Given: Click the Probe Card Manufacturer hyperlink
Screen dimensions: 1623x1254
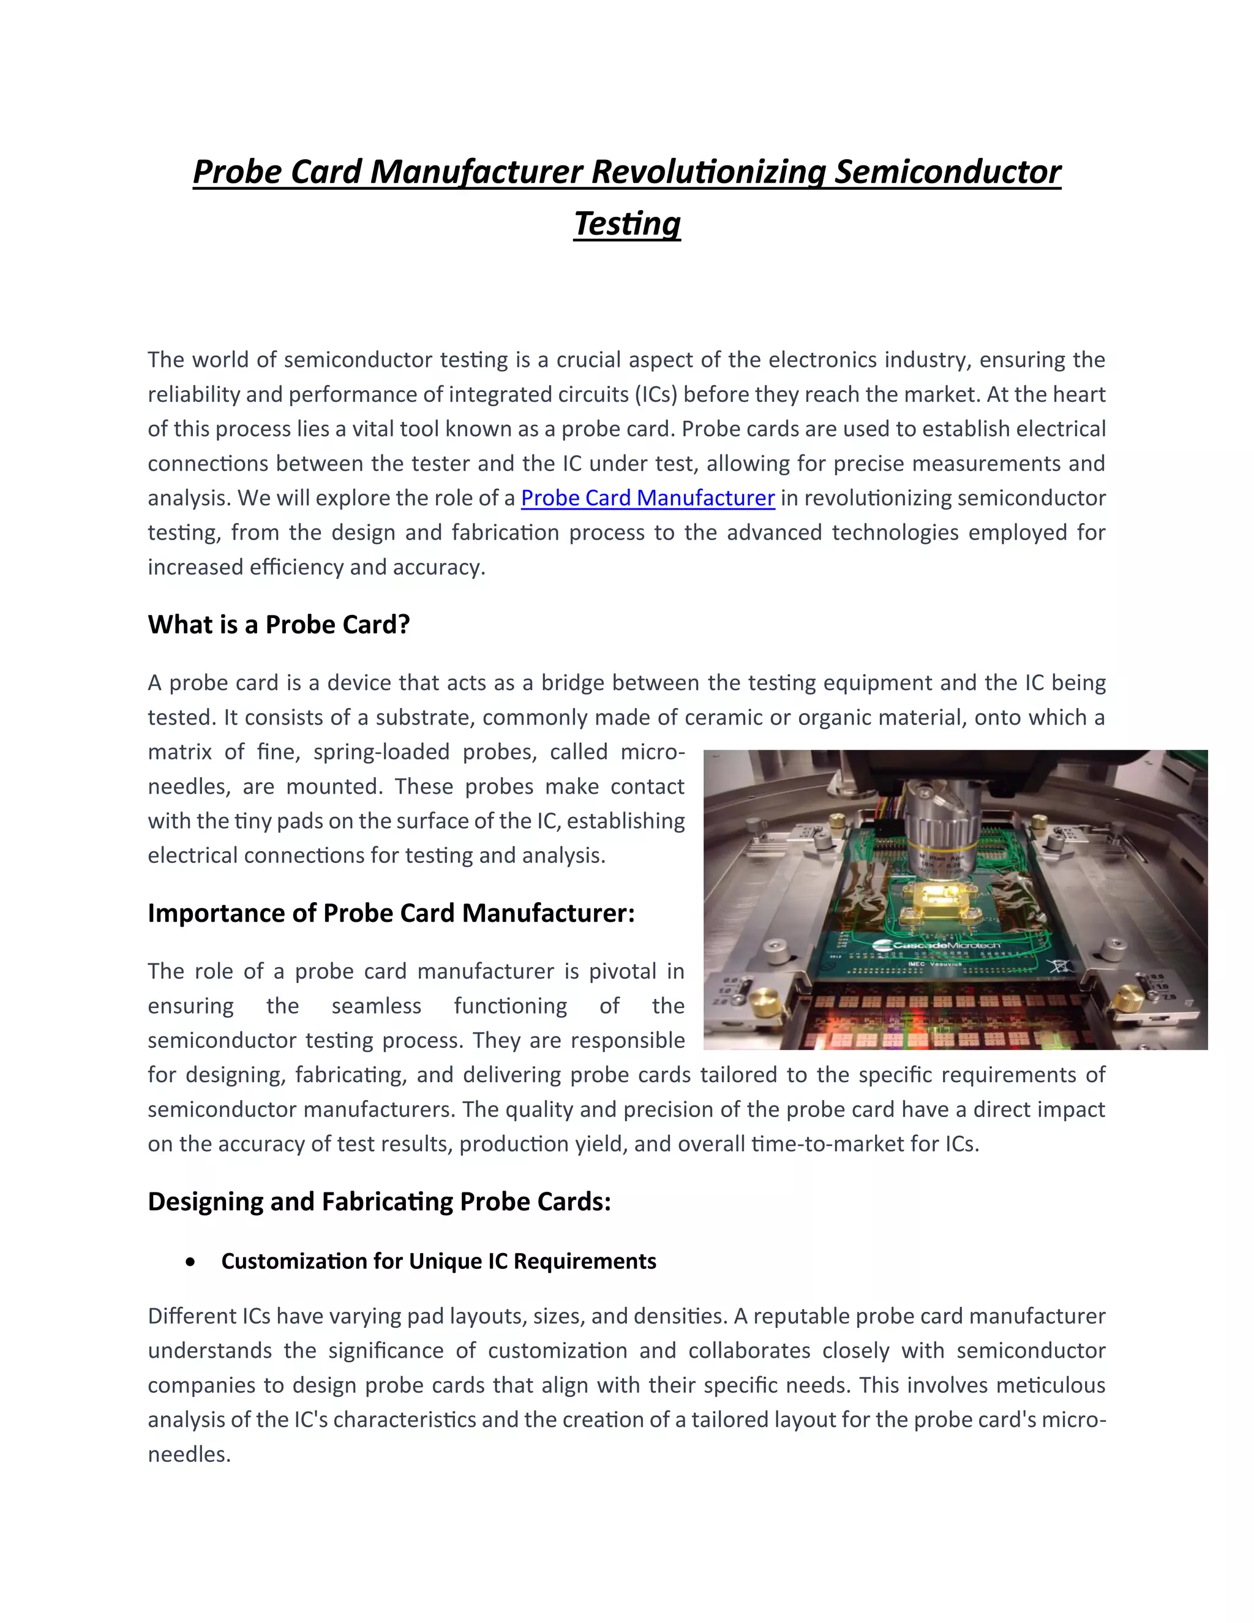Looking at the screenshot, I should [x=647, y=498].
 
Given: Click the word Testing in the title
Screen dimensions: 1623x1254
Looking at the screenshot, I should [x=627, y=224].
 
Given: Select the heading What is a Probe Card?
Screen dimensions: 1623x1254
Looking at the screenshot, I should [x=279, y=624].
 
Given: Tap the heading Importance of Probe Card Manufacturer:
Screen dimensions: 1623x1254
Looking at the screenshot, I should [x=391, y=913].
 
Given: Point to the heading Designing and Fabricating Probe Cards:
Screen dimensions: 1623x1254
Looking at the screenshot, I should [x=379, y=1202].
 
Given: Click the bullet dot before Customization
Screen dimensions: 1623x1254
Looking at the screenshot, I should [x=192, y=1262].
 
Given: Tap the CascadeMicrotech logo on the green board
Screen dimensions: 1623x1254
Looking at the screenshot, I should [x=937, y=945].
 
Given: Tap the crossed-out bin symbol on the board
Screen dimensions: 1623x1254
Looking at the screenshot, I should [x=1058, y=965].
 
